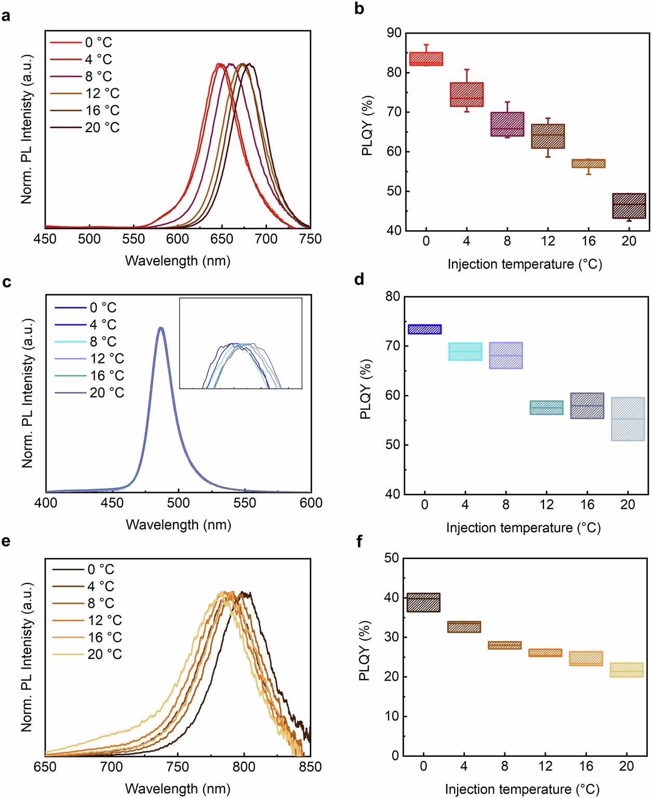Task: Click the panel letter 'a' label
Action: (6, 16)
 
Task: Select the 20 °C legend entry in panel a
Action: (85, 127)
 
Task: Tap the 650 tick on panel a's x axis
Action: (222, 239)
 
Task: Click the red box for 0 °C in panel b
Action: (426, 59)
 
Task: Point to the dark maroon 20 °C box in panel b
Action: (629, 206)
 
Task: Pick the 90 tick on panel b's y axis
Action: (394, 33)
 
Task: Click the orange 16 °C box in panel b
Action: (588, 163)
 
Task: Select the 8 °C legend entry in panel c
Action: (86, 342)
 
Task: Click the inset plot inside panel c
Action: (241, 343)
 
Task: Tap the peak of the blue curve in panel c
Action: (161, 328)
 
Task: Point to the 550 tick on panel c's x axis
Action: (245, 503)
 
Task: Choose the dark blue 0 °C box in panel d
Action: (424, 329)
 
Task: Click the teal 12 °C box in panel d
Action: (547, 408)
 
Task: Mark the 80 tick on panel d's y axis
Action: (393, 296)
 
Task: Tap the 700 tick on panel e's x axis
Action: (111, 767)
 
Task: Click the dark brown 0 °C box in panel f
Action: (423, 603)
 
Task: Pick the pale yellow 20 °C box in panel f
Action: (627, 670)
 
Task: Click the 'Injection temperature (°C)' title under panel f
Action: (522, 789)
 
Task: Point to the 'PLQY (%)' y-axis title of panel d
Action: (366, 389)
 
